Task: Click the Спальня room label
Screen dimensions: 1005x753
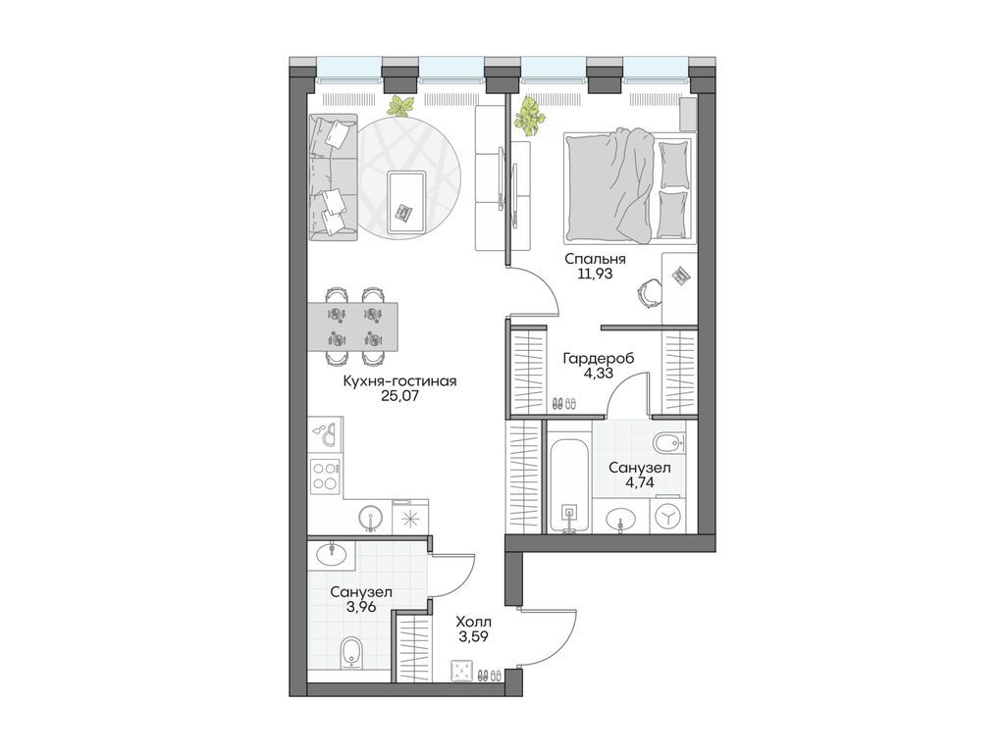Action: pyautogui.click(x=595, y=259)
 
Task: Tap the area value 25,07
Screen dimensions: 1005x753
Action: pyautogui.click(x=399, y=396)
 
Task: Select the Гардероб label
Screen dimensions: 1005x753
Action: pyautogui.click(x=598, y=359)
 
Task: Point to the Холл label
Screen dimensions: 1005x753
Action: pyautogui.click(x=474, y=622)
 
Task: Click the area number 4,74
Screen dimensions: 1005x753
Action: pyautogui.click(x=639, y=482)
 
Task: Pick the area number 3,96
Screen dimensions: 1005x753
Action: pyautogui.click(x=361, y=606)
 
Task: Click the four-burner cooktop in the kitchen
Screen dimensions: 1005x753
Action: pyautogui.click(x=324, y=477)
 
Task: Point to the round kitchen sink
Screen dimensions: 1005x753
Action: pyautogui.click(x=370, y=517)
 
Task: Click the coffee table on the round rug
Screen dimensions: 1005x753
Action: pyautogui.click(x=405, y=196)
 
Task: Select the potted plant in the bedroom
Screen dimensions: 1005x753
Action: pyautogui.click(x=529, y=116)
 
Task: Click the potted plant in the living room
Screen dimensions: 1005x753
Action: pyautogui.click(x=401, y=106)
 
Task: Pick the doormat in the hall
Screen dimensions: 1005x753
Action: pyautogui.click(x=462, y=672)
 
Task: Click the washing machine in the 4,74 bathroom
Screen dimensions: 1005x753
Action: pyautogui.click(x=667, y=517)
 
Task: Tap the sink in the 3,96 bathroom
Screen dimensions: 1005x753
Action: pyautogui.click(x=331, y=555)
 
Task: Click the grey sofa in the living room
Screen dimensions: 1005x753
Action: pyautogui.click(x=332, y=177)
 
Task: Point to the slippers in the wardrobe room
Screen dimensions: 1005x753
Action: pyautogui.click(x=564, y=403)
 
